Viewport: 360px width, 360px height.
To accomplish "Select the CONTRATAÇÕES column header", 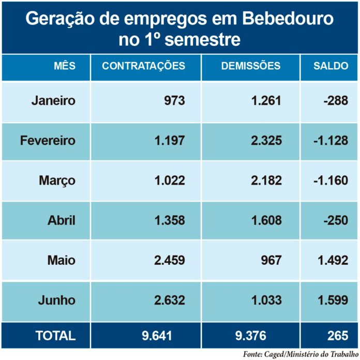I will point(143,66).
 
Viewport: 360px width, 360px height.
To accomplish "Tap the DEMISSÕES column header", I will point(251,66).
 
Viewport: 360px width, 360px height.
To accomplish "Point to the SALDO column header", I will point(331,66).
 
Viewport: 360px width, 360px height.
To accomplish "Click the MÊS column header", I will point(65,66).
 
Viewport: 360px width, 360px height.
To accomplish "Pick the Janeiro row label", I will point(53,100).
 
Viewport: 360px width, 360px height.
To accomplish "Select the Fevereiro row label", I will point(48,140).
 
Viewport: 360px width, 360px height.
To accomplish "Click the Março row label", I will point(57,181).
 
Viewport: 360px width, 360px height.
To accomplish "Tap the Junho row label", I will point(56,300).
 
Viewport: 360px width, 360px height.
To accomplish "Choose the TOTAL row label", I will point(55,336).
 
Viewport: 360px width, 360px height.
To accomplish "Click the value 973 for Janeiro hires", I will point(174,100).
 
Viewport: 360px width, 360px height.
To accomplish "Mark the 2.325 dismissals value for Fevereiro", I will point(266,140).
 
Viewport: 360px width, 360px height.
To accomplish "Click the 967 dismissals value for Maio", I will point(271,260).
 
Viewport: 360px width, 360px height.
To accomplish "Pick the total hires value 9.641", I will point(157,336).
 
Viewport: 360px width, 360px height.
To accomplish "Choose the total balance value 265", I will point(338,336).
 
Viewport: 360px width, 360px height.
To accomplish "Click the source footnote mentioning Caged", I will point(301,354).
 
